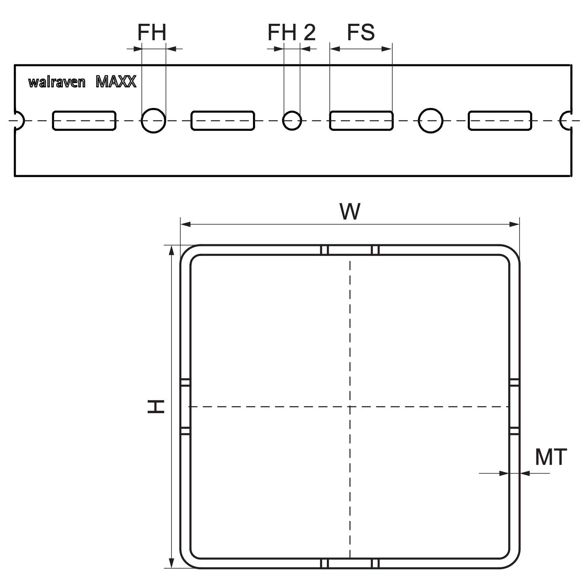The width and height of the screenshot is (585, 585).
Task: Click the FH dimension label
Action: tap(152, 32)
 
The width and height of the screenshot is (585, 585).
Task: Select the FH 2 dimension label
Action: tap(291, 32)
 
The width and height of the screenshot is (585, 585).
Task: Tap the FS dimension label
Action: tap(361, 32)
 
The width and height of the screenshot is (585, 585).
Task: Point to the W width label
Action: tap(350, 211)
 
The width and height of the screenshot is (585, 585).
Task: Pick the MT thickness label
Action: tap(551, 457)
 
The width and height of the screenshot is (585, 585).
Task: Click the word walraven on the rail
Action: tap(57, 82)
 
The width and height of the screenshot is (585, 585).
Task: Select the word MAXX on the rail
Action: tap(116, 82)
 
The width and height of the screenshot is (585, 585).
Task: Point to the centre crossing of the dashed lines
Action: tap(350, 407)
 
